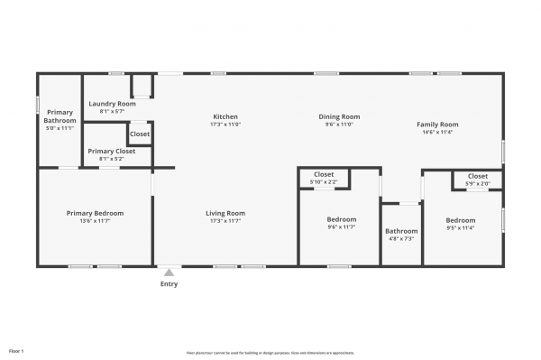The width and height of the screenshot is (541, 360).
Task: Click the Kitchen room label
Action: [225, 116]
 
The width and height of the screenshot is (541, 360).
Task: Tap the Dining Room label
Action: [339, 116]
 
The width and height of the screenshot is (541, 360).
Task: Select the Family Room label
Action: [437, 124]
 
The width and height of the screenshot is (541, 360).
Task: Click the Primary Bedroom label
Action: [95, 213]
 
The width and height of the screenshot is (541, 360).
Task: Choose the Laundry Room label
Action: [113, 104]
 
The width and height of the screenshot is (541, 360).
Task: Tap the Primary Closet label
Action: [112, 151]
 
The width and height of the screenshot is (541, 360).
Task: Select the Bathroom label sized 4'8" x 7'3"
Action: [401, 230]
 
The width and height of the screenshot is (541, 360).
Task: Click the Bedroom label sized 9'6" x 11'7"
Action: [341, 219]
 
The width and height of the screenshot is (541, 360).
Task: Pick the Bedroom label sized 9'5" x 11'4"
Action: [460, 219]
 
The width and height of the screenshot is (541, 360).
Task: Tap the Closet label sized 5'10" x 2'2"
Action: [324, 174]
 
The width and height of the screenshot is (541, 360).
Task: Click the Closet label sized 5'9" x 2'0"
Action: [477, 176]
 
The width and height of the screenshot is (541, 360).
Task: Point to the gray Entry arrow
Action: [169, 272]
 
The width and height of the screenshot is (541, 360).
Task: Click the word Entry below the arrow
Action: [169, 284]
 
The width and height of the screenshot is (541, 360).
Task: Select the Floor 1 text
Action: [16, 350]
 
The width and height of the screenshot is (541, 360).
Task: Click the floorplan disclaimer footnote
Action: [270, 352]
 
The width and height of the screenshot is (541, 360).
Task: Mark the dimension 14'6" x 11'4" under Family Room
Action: [437, 132]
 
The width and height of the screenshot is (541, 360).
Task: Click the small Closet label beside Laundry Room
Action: [140, 134]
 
